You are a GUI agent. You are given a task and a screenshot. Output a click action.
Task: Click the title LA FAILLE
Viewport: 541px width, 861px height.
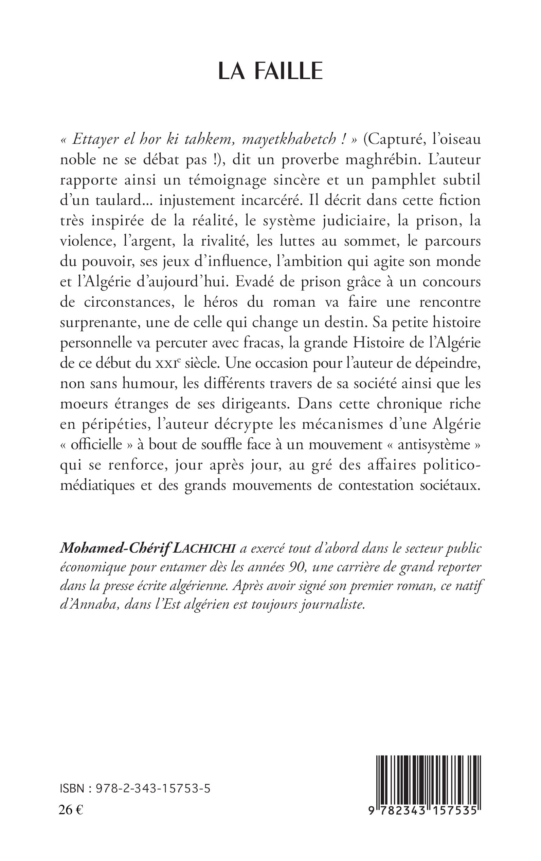tap(270, 72)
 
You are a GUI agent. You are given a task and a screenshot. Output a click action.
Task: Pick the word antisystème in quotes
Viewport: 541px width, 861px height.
tap(432, 445)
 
